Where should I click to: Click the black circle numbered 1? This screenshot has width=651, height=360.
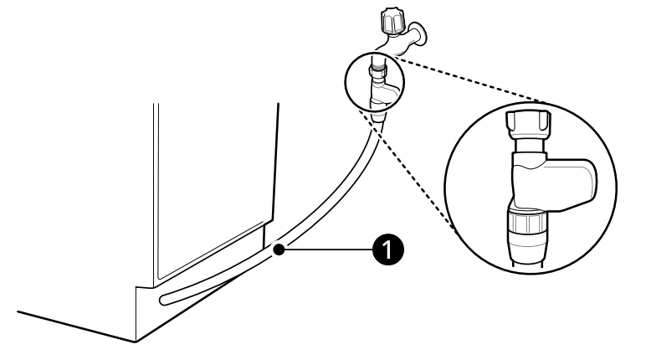[x=387, y=249]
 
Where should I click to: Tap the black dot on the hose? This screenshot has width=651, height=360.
[x=279, y=250]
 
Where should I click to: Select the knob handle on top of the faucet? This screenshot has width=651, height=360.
[x=392, y=21]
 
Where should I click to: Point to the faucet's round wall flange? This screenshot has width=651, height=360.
[x=422, y=33]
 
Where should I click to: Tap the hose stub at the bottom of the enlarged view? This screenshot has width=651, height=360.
[x=526, y=265]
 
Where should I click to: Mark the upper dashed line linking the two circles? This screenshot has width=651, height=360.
[x=469, y=80]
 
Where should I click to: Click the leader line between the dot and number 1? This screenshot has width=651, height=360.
[x=328, y=249]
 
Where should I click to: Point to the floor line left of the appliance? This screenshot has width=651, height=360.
[x=77, y=327]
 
